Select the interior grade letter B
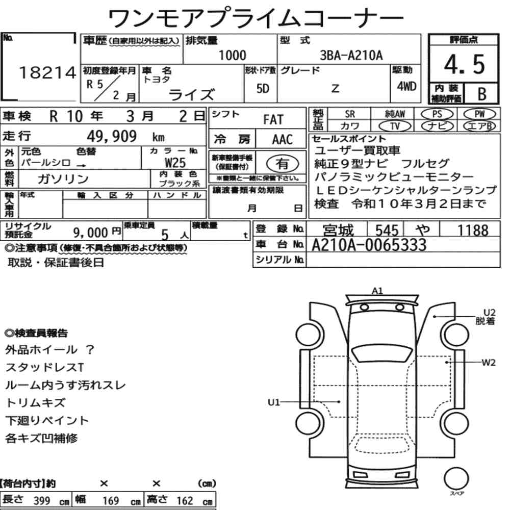481,93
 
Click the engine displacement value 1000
232,55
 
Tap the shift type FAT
273,119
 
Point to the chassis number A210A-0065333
369,245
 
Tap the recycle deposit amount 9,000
89,233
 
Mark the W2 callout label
489,363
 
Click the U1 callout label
274,402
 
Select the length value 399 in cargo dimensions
41,501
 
